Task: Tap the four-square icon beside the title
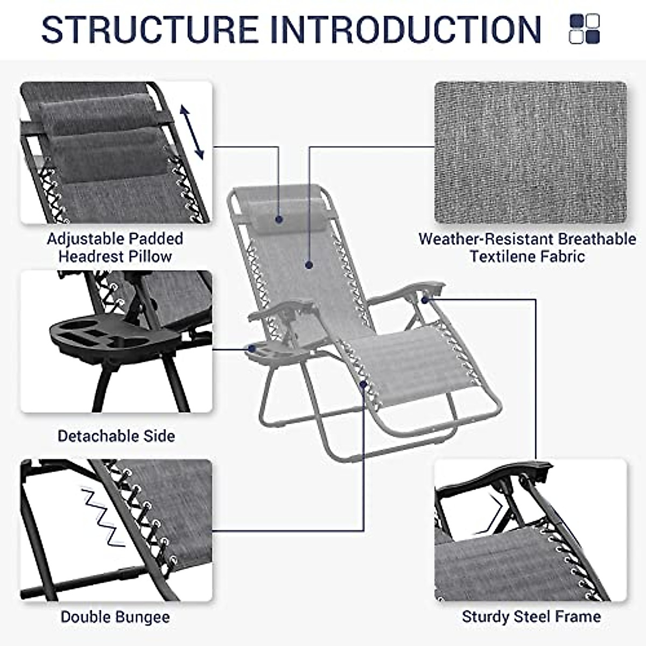[x=584, y=29]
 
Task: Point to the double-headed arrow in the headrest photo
[x=192, y=132]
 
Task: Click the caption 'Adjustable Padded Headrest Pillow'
[x=115, y=247]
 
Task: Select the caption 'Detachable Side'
[x=116, y=436]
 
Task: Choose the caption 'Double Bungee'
[x=115, y=617]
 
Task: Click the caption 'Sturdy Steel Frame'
[x=531, y=616]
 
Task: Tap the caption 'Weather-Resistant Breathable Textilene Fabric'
[x=527, y=247]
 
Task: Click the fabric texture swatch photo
[x=530, y=152]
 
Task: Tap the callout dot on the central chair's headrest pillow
[x=279, y=219]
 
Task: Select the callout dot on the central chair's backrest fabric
[x=309, y=264]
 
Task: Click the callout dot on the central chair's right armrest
[x=426, y=299]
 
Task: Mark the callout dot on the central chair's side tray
[x=251, y=349]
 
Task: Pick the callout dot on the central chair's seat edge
[x=364, y=384]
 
